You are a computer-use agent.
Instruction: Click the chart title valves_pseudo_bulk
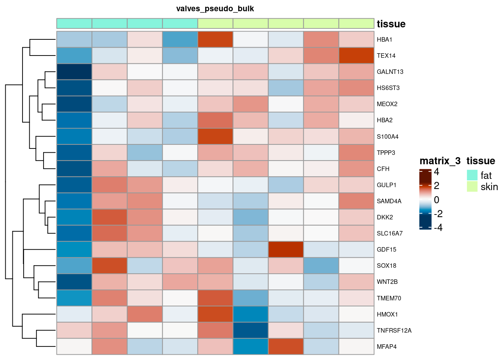[215, 9]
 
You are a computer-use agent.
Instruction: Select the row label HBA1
[384, 40]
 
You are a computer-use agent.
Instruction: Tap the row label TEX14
[386, 56]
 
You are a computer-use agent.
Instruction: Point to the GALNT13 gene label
[390, 72]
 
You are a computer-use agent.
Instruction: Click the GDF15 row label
[386, 250]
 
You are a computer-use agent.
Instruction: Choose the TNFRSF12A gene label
[394, 331]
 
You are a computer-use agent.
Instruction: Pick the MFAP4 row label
[387, 347]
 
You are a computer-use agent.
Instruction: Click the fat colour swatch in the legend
[472, 175]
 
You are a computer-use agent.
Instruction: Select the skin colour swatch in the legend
[472, 186]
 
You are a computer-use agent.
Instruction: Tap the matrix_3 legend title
[440, 161]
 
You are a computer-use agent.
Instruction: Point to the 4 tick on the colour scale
[436, 172]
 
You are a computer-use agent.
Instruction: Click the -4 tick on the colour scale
[438, 228]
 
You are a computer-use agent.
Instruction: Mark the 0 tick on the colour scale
[436, 200]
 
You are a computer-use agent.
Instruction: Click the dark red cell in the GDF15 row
[286, 250]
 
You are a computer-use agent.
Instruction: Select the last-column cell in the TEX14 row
[356, 56]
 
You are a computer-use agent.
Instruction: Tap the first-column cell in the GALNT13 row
[74, 72]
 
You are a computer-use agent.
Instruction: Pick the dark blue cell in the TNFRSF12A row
[250, 331]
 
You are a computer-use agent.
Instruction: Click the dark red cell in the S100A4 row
[215, 136]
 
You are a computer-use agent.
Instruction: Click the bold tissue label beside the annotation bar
[391, 24]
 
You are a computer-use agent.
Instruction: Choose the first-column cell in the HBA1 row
[74, 40]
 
